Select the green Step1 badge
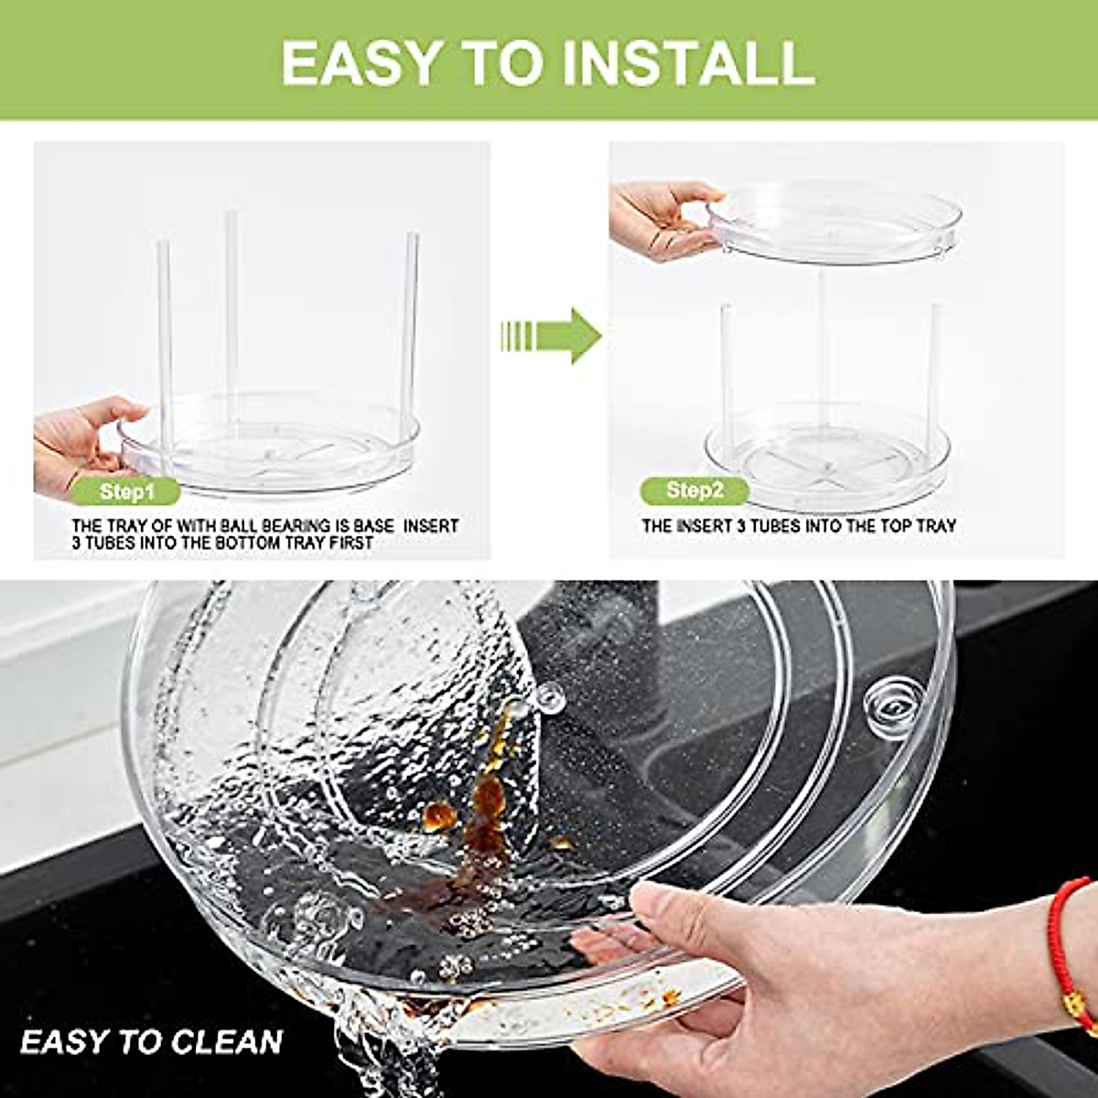pos(127,492)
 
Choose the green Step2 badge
pos(694,490)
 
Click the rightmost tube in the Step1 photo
pos(411,329)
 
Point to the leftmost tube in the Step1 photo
pos(165,339)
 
